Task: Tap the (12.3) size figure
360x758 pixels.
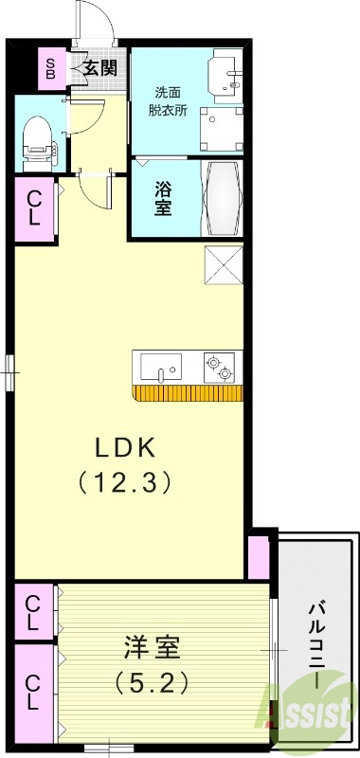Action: click(x=124, y=481)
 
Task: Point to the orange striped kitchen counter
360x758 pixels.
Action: click(x=188, y=393)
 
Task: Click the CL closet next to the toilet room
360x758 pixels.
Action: click(x=34, y=208)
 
